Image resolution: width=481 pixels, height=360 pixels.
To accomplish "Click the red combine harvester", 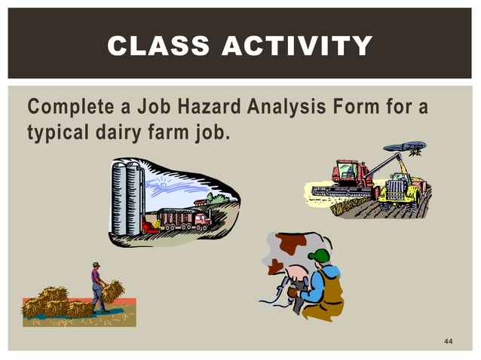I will point(351,178).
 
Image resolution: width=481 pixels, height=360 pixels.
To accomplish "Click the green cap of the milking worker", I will point(320,255).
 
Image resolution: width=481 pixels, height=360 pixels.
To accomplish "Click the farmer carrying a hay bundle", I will point(97,285).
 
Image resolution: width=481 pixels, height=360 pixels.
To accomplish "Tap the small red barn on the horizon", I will point(199,202).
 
